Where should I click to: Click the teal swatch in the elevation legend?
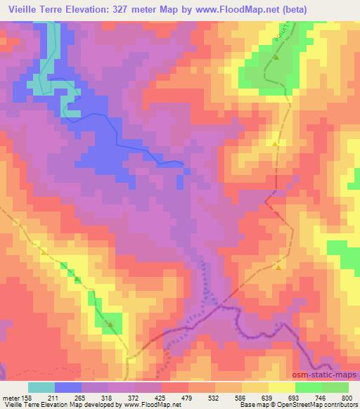coord(41,387)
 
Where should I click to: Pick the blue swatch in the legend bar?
coord(68,387)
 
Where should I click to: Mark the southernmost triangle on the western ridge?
coord(110,324)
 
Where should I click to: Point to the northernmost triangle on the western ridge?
coord(44,252)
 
